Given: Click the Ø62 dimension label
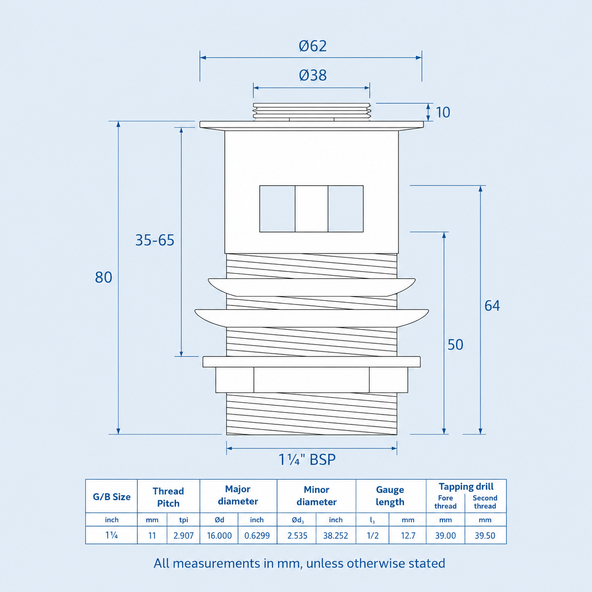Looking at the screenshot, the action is click(313, 46).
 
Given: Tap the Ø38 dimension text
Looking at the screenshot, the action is click(313, 75).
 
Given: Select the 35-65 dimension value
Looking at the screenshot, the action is click(155, 240).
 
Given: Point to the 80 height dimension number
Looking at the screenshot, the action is click(103, 277).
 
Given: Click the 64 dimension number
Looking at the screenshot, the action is click(492, 305).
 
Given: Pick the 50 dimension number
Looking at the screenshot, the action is click(455, 345).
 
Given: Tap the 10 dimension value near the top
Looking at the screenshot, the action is click(443, 112).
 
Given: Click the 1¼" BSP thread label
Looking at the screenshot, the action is click(307, 460).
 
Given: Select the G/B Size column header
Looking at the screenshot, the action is click(111, 497).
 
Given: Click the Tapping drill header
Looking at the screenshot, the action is click(466, 487).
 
